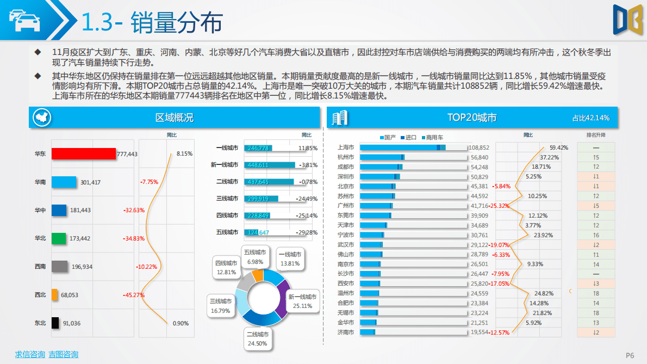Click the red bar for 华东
coord(83,154)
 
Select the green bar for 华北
coord(59,238)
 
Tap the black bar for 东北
coord(55,323)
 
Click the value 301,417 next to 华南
coord(90,182)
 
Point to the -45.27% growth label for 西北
coord(134,295)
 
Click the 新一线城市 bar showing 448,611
coord(270,165)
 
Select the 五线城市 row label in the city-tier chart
coord(227,232)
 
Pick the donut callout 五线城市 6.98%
coord(254,257)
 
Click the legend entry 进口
coord(409,138)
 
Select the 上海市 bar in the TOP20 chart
coord(402,147)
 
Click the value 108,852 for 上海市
coord(478,147)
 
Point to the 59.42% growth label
coord(558,147)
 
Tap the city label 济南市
coord(345,332)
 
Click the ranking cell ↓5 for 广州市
coord(596,206)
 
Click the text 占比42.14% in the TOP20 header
coord(590,118)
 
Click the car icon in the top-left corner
coord(22,22)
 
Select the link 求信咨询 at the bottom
coord(29,355)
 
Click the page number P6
coord(630,355)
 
